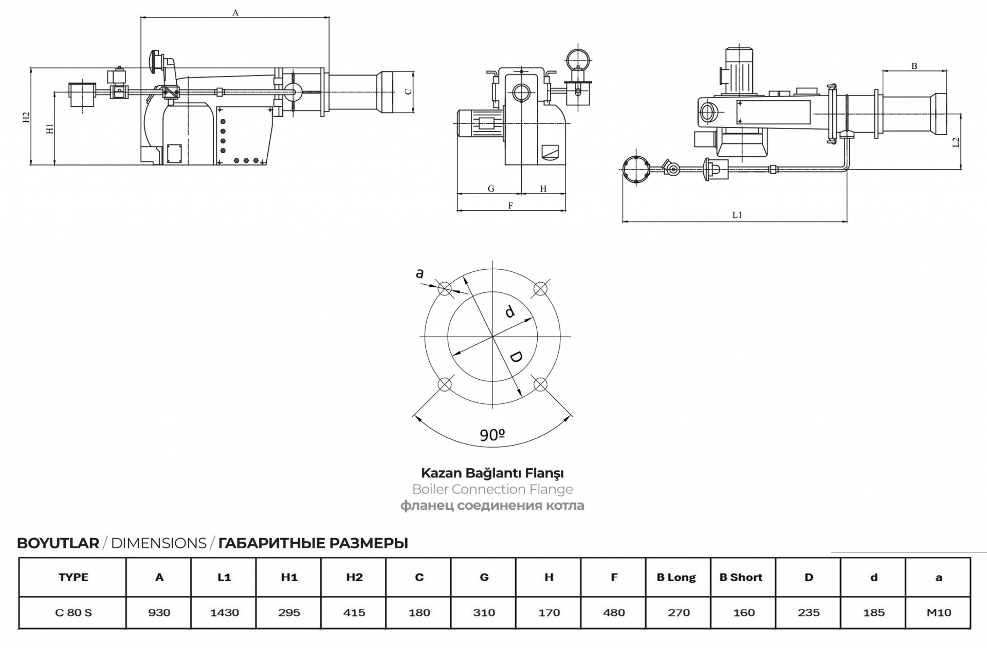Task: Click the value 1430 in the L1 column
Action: [224, 613]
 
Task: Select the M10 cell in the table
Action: [939, 613]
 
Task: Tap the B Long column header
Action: [676, 577]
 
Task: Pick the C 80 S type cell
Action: [74, 613]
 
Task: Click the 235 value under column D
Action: [809, 613]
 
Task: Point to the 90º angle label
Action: [492, 435]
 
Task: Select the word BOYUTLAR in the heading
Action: [58, 543]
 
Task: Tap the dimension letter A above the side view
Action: [235, 12]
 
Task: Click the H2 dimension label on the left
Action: [26, 117]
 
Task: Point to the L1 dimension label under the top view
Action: [737, 215]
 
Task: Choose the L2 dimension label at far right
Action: [956, 142]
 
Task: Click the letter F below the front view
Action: [510, 206]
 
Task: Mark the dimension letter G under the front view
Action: [491, 189]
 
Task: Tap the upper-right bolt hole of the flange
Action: [540, 289]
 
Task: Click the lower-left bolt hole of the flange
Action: [445, 384]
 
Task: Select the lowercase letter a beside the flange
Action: [419, 273]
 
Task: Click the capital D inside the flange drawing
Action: [516, 357]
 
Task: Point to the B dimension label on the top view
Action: [914, 66]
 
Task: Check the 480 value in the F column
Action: [614, 613]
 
